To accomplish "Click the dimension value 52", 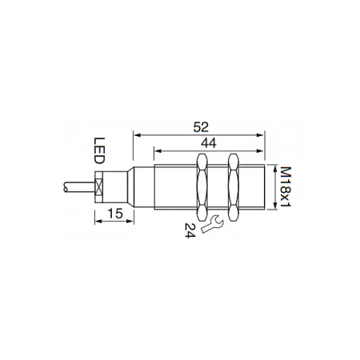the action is pos(201,127).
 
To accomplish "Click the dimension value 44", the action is pos(209,143).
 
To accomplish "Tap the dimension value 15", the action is pos(115,214).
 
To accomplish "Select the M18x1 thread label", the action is pos(286,186).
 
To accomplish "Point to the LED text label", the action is pos(99,150).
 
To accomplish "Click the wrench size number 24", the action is pos(190,230).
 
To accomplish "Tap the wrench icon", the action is pos(212,224).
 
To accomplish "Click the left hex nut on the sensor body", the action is pos(202,187).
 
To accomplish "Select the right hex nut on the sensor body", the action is pos(234,187).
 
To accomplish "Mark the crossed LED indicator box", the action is pos(99,187).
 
